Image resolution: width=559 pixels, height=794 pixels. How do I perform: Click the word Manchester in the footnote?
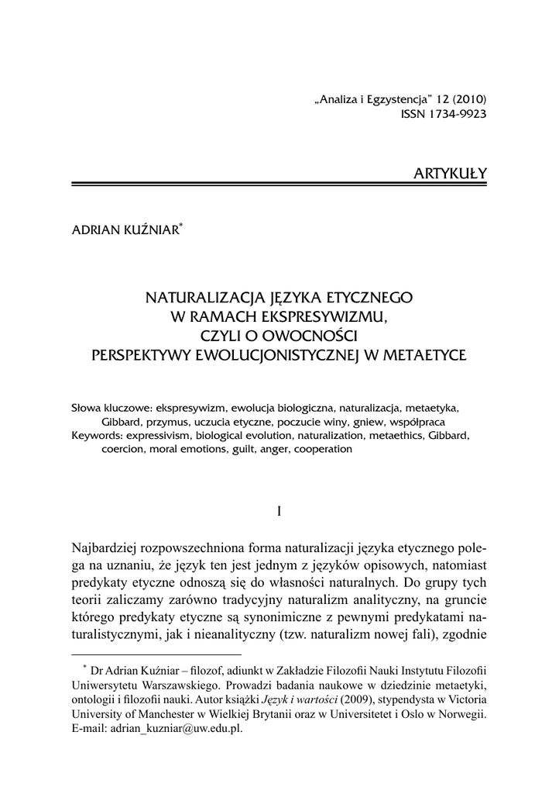pos(165,714)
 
